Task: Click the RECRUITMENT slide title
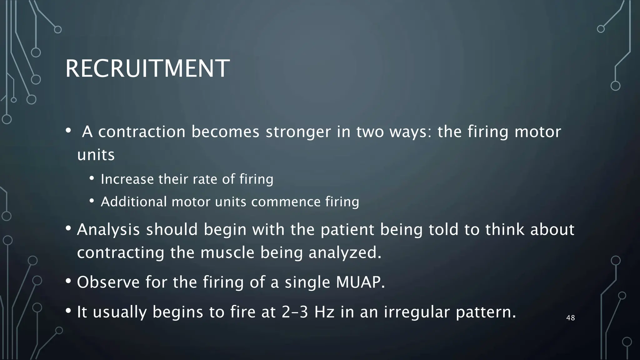(x=147, y=69)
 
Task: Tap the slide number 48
(x=570, y=318)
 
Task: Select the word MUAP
(x=360, y=282)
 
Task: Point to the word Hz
(x=324, y=312)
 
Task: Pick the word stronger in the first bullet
(x=298, y=132)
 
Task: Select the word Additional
(x=134, y=202)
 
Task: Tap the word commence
(x=286, y=202)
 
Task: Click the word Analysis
(x=108, y=229)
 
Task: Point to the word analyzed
(x=345, y=252)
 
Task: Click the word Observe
(x=108, y=282)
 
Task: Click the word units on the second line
(x=96, y=155)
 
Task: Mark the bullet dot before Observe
(x=68, y=281)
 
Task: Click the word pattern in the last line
(x=486, y=312)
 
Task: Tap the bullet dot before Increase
(x=92, y=178)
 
